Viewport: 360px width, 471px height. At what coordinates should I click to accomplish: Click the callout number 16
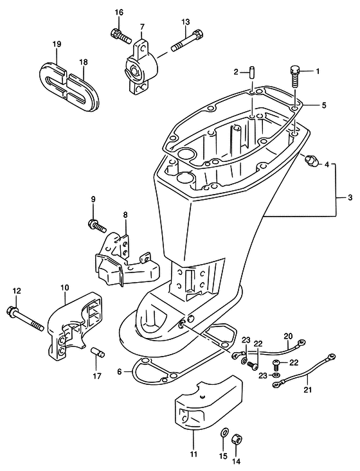pos(119,13)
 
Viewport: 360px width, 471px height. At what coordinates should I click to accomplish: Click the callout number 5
pos(323,105)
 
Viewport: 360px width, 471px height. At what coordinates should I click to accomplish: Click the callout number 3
pos(350,198)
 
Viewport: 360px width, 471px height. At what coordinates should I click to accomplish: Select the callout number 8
pos(125,215)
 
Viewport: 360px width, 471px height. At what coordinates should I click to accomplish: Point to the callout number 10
pos(64,287)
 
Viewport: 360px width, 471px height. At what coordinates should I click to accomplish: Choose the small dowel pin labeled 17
pos(97,351)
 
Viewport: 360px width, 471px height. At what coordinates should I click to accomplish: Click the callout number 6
pos(120,372)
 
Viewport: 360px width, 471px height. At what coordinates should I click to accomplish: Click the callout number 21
pos(308,390)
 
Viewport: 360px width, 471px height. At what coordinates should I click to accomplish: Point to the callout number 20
pos(288,337)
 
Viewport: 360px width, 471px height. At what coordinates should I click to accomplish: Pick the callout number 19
pos(57,44)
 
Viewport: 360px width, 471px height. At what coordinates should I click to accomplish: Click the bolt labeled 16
pos(121,36)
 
